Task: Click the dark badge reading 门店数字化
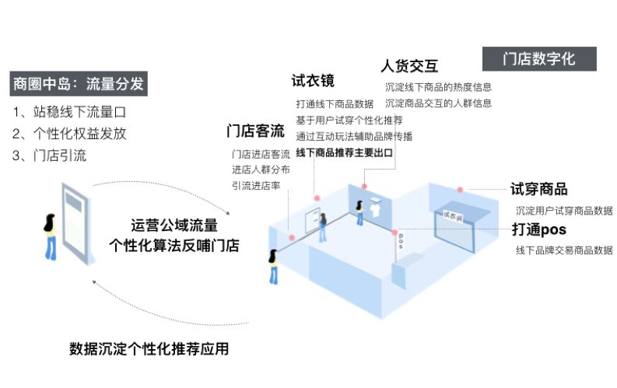pyautogui.click(x=539, y=59)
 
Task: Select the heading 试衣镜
pyautogui.click(x=313, y=81)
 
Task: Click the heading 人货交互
pyautogui.click(x=409, y=65)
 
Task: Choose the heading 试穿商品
pyautogui.click(x=538, y=189)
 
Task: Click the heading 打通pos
pyautogui.click(x=538, y=229)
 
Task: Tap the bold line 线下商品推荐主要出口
pyautogui.click(x=344, y=152)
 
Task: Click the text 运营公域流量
pyautogui.click(x=174, y=225)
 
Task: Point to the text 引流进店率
pyautogui.click(x=256, y=185)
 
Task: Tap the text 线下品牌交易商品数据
pyautogui.click(x=563, y=250)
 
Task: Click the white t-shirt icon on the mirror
pyautogui.click(x=376, y=207)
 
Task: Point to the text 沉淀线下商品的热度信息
pyautogui.click(x=438, y=87)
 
